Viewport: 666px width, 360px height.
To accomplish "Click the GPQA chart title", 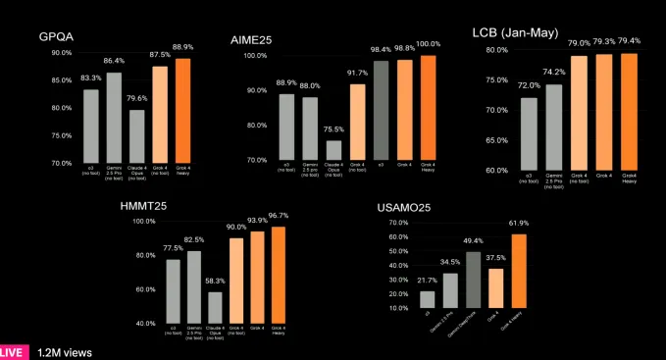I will tap(58, 37).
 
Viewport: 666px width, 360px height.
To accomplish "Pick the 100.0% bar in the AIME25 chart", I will tap(428, 107).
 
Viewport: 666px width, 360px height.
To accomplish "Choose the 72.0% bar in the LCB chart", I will tap(529, 133).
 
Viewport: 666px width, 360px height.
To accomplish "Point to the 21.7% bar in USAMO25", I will tap(427, 299).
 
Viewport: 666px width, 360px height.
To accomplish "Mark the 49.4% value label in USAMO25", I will tap(474, 240).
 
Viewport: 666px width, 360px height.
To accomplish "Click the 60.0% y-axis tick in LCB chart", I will tap(495, 170).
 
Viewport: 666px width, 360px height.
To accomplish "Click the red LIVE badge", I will tap(12, 350).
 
